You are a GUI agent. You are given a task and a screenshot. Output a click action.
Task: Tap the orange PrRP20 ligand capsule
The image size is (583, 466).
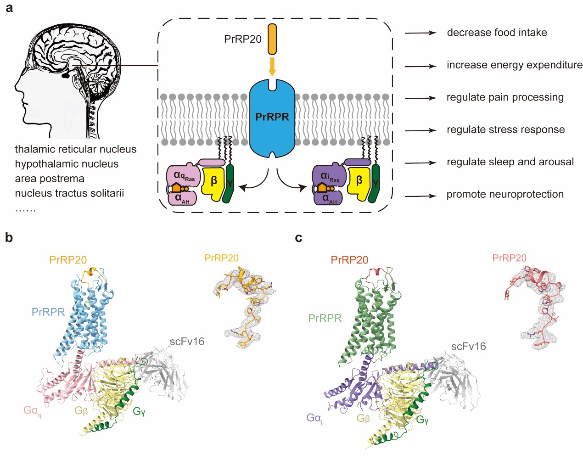click(x=272, y=39)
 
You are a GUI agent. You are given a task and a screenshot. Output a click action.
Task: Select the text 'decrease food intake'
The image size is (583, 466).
click(x=497, y=33)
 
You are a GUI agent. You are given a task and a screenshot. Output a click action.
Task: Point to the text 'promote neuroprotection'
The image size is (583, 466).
click(x=505, y=194)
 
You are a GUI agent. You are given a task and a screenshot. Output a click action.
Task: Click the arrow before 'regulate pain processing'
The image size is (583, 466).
click(x=420, y=98)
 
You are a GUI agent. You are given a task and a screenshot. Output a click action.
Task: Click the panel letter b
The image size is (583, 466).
click(x=9, y=237)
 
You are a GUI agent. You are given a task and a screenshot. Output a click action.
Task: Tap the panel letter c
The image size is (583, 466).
click(x=298, y=237)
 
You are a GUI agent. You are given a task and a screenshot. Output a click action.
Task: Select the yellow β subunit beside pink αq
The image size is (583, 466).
click(x=213, y=182)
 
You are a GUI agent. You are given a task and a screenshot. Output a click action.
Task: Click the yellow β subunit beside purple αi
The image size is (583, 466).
click(x=359, y=182)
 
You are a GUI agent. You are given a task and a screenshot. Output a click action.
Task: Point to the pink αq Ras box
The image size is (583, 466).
click(x=184, y=176)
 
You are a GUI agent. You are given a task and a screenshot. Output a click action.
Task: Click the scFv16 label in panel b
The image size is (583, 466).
click(x=187, y=342)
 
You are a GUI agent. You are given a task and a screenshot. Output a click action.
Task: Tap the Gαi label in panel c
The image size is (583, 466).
click(x=314, y=418)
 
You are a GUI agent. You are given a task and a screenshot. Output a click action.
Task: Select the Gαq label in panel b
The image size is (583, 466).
click(x=32, y=410)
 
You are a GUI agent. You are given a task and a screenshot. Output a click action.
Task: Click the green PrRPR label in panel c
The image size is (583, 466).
click(x=325, y=318)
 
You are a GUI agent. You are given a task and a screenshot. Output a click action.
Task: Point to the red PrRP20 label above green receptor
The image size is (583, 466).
click(x=349, y=260)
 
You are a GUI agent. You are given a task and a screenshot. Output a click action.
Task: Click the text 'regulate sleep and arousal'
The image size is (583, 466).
click(x=510, y=162)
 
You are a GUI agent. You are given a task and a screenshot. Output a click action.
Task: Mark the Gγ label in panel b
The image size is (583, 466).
click(x=139, y=411)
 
